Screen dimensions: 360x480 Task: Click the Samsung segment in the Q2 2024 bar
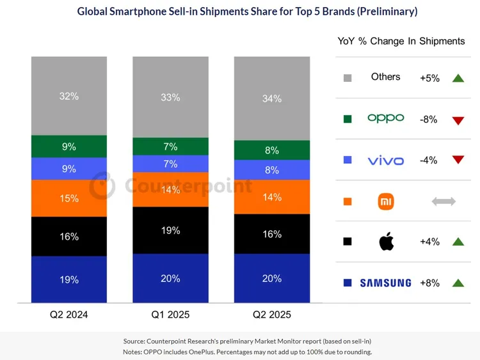click(69, 279)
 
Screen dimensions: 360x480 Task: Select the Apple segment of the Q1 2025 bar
click(170, 230)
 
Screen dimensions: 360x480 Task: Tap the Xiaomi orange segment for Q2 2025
click(271, 197)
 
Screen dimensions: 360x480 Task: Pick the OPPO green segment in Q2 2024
click(69, 146)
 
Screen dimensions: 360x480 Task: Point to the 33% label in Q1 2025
click(170, 97)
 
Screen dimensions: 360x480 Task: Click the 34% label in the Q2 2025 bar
click(271, 98)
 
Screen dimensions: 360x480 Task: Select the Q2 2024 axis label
click(69, 315)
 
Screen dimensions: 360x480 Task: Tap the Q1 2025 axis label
click(170, 315)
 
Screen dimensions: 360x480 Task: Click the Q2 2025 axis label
click(271, 315)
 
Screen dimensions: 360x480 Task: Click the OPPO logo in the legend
click(386, 118)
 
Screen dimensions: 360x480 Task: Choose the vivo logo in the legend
click(386, 160)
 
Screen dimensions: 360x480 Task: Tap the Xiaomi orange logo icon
click(386, 201)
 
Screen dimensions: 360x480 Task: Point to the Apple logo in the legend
click(386, 242)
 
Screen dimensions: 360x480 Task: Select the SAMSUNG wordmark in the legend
click(385, 283)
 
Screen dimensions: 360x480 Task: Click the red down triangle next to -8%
click(457, 120)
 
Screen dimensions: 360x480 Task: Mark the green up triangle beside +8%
click(457, 283)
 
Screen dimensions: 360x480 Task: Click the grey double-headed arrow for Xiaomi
click(444, 201)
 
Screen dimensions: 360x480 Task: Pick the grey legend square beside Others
click(348, 78)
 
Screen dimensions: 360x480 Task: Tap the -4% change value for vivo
click(429, 160)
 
